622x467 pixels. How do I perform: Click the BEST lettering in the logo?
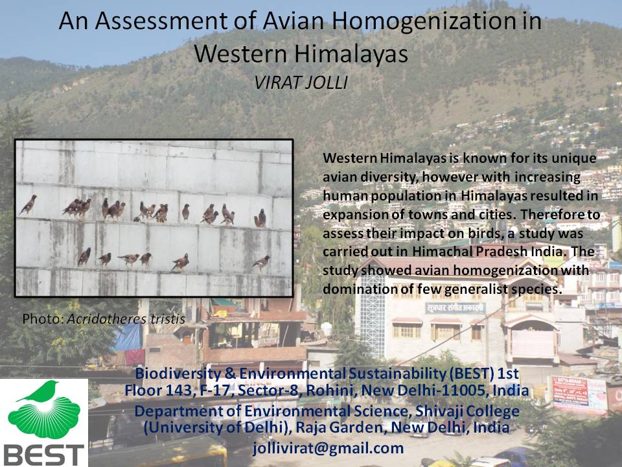[x=43, y=454]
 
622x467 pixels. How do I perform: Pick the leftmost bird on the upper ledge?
[x=28, y=205]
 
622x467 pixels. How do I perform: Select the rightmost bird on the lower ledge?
[x=261, y=262]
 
